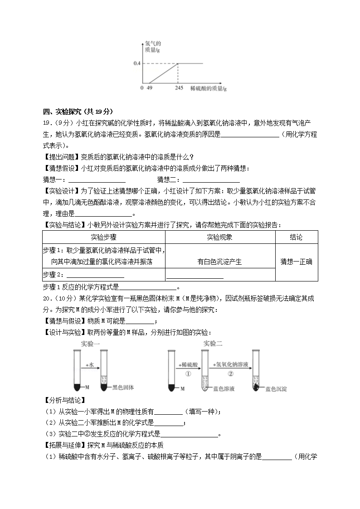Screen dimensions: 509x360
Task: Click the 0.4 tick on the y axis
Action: pos(137,63)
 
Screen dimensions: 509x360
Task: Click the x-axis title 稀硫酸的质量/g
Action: pos(208,88)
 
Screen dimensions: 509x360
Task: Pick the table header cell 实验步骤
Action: pos(103,237)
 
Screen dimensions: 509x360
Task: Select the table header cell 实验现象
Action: pos(220,237)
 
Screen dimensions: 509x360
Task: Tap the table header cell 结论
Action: pos(296,237)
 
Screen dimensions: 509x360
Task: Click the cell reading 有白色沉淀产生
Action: pos(220,262)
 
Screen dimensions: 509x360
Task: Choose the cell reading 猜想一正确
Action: pos(296,262)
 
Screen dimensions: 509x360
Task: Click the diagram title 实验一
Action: pos(90,344)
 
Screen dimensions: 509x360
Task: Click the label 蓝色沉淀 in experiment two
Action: pos(277,389)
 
